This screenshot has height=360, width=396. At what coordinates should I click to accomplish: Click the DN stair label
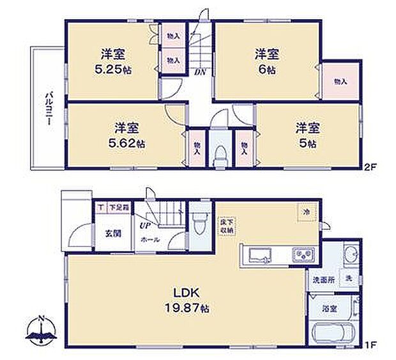click(200, 73)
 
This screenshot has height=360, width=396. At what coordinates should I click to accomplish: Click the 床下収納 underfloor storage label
click(225, 227)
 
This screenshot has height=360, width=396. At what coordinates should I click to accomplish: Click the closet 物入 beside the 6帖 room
click(339, 81)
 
